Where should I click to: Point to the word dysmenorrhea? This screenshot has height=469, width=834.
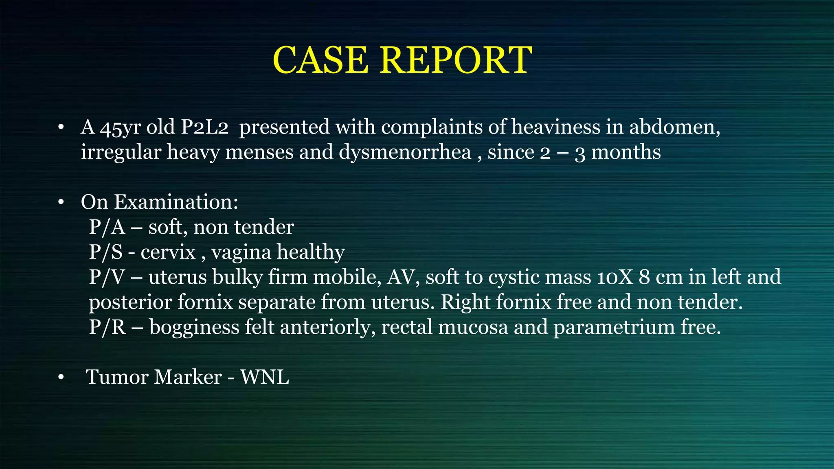click(405, 152)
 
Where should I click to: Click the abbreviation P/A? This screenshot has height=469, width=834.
click(107, 227)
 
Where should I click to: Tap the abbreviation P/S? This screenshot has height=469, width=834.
click(105, 252)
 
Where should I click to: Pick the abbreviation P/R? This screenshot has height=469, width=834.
click(107, 327)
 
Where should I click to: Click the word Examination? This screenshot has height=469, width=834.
click(176, 202)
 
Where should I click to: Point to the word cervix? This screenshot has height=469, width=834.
click(168, 252)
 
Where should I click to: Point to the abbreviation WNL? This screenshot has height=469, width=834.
click(265, 377)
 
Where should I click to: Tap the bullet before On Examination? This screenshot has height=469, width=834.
click(61, 202)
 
